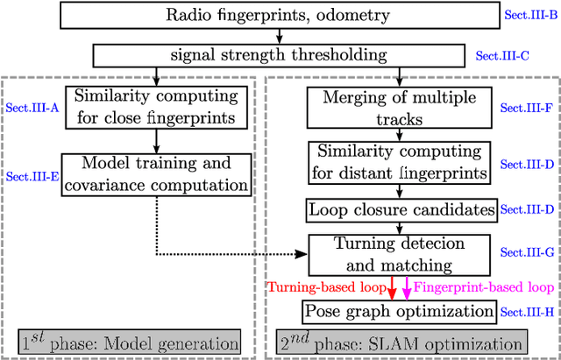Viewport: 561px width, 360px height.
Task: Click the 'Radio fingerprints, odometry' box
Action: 278,15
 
